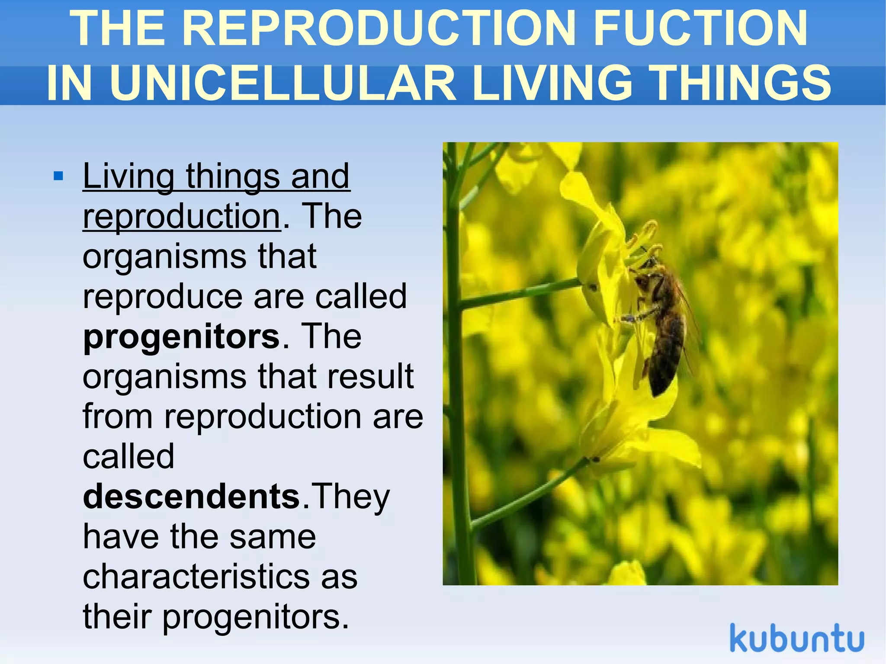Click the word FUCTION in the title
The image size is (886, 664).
pyautogui.click(x=700, y=29)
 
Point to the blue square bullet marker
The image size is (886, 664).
pyautogui.click(x=58, y=176)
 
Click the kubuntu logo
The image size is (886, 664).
pyautogui.click(x=796, y=638)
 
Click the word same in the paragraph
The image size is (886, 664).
pyautogui.click(x=273, y=537)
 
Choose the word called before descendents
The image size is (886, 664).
pyautogui.click(x=128, y=457)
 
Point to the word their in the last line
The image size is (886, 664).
pyautogui.click(x=117, y=617)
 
